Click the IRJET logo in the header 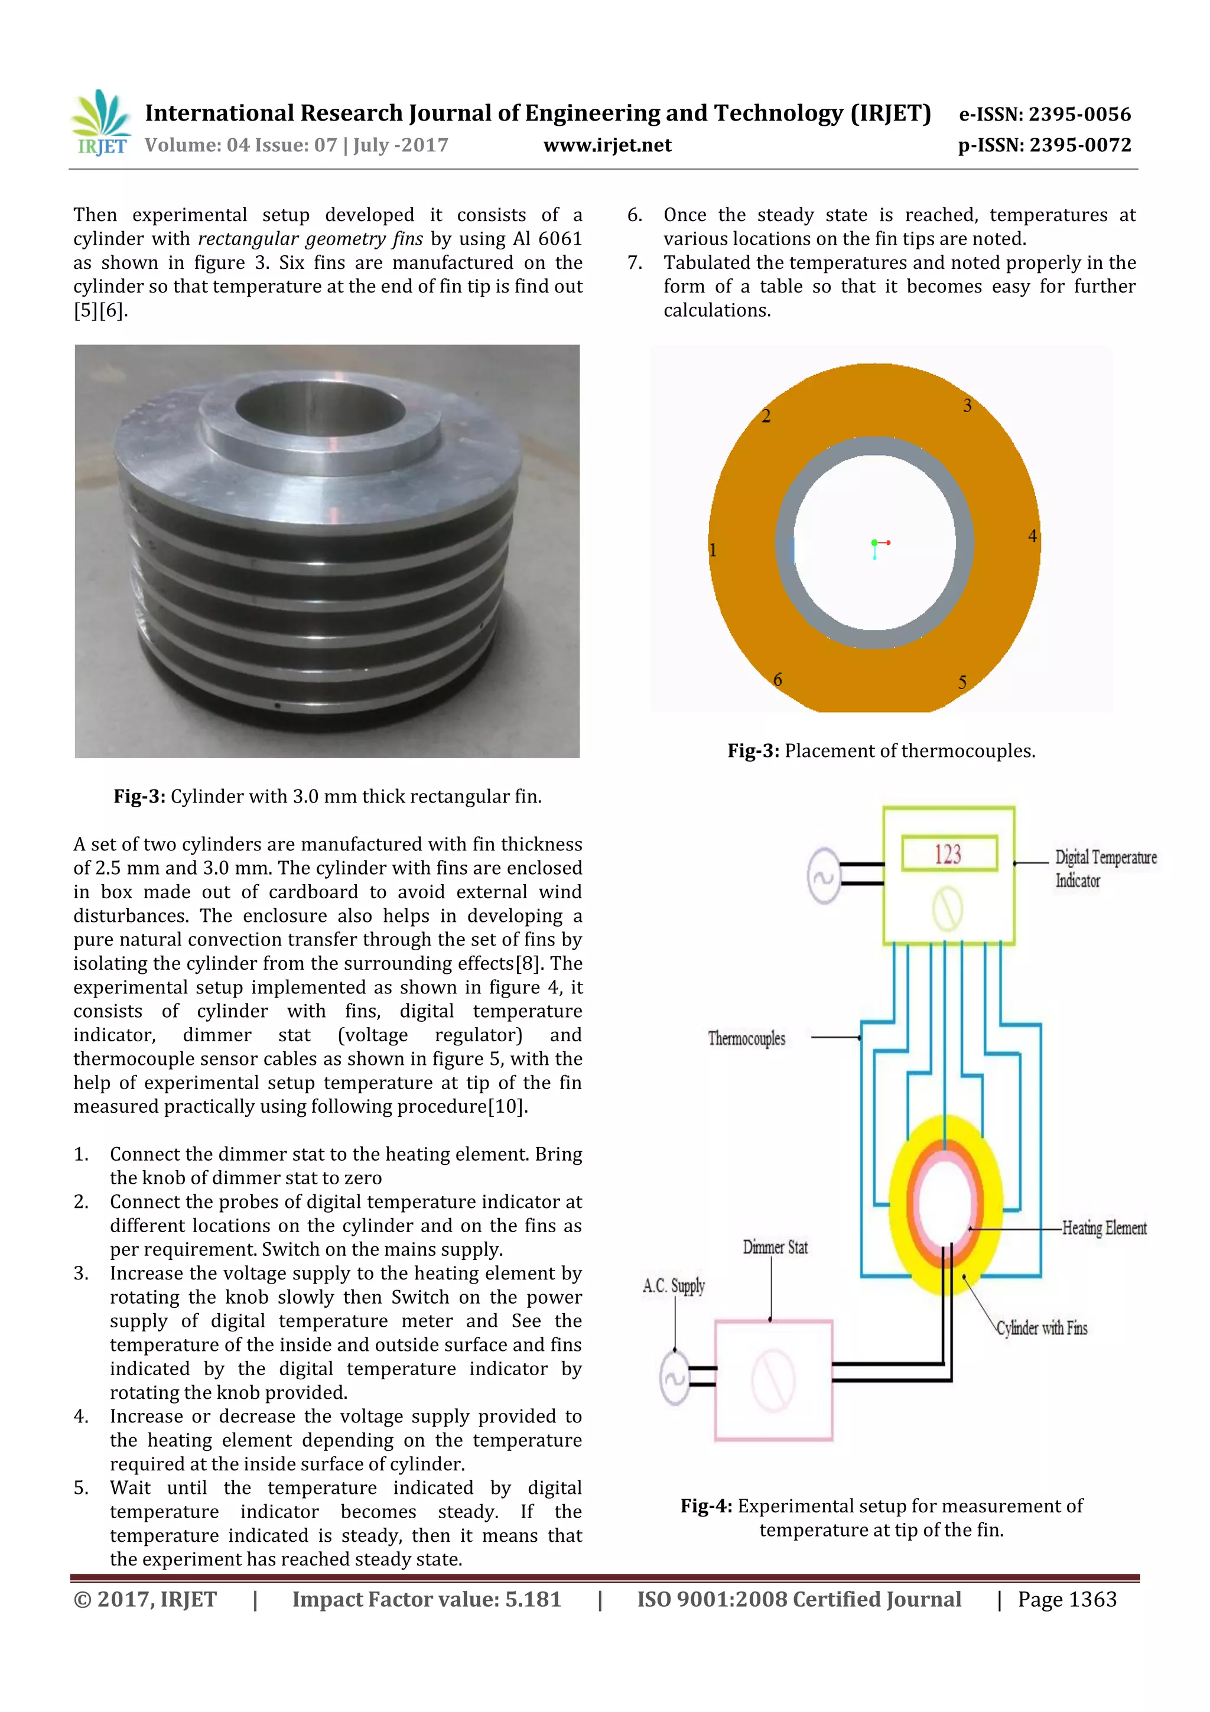[100, 124]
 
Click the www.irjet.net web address [607, 145]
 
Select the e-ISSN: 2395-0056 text [1044, 114]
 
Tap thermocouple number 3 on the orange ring [967, 405]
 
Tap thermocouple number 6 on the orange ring [777, 679]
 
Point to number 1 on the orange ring [713, 550]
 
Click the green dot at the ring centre [874, 543]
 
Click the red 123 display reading [948, 854]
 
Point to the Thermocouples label [746, 1038]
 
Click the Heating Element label [1104, 1228]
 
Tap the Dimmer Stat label [775, 1247]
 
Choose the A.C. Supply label [673, 1285]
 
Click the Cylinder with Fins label [1042, 1328]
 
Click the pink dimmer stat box [773, 1380]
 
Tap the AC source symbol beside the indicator [823, 876]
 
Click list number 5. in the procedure [82, 1487]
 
